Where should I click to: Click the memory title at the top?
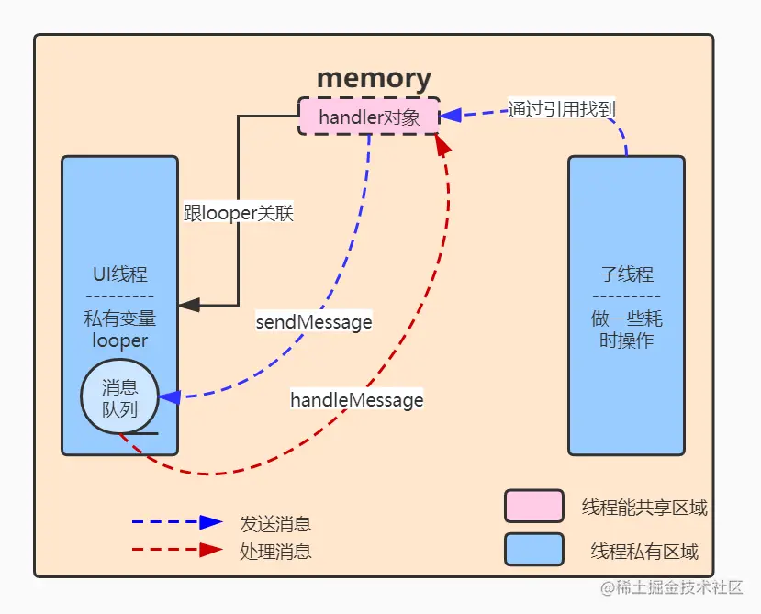(x=374, y=78)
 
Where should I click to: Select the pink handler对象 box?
(x=369, y=117)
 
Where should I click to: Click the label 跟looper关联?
(x=239, y=214)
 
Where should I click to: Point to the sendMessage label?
(x=314, y=322)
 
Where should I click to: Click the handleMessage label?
(x=357, y=400)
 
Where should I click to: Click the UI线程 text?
(x=119, y=274)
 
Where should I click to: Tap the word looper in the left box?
(x=119, y=340)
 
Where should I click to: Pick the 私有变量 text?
(x=119, y=319)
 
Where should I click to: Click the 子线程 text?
(x=626, y=274)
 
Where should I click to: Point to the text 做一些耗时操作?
(x=626, y=330)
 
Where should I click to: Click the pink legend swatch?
(x=533, y=506)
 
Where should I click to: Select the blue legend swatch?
(x=533, y=550)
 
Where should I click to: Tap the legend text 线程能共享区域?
(x=644, y=508)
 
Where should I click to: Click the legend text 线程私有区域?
(x=644, y=552)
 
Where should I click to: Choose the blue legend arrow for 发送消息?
(x=176, y=522)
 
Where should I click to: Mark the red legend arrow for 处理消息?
(x=176, y=551)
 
